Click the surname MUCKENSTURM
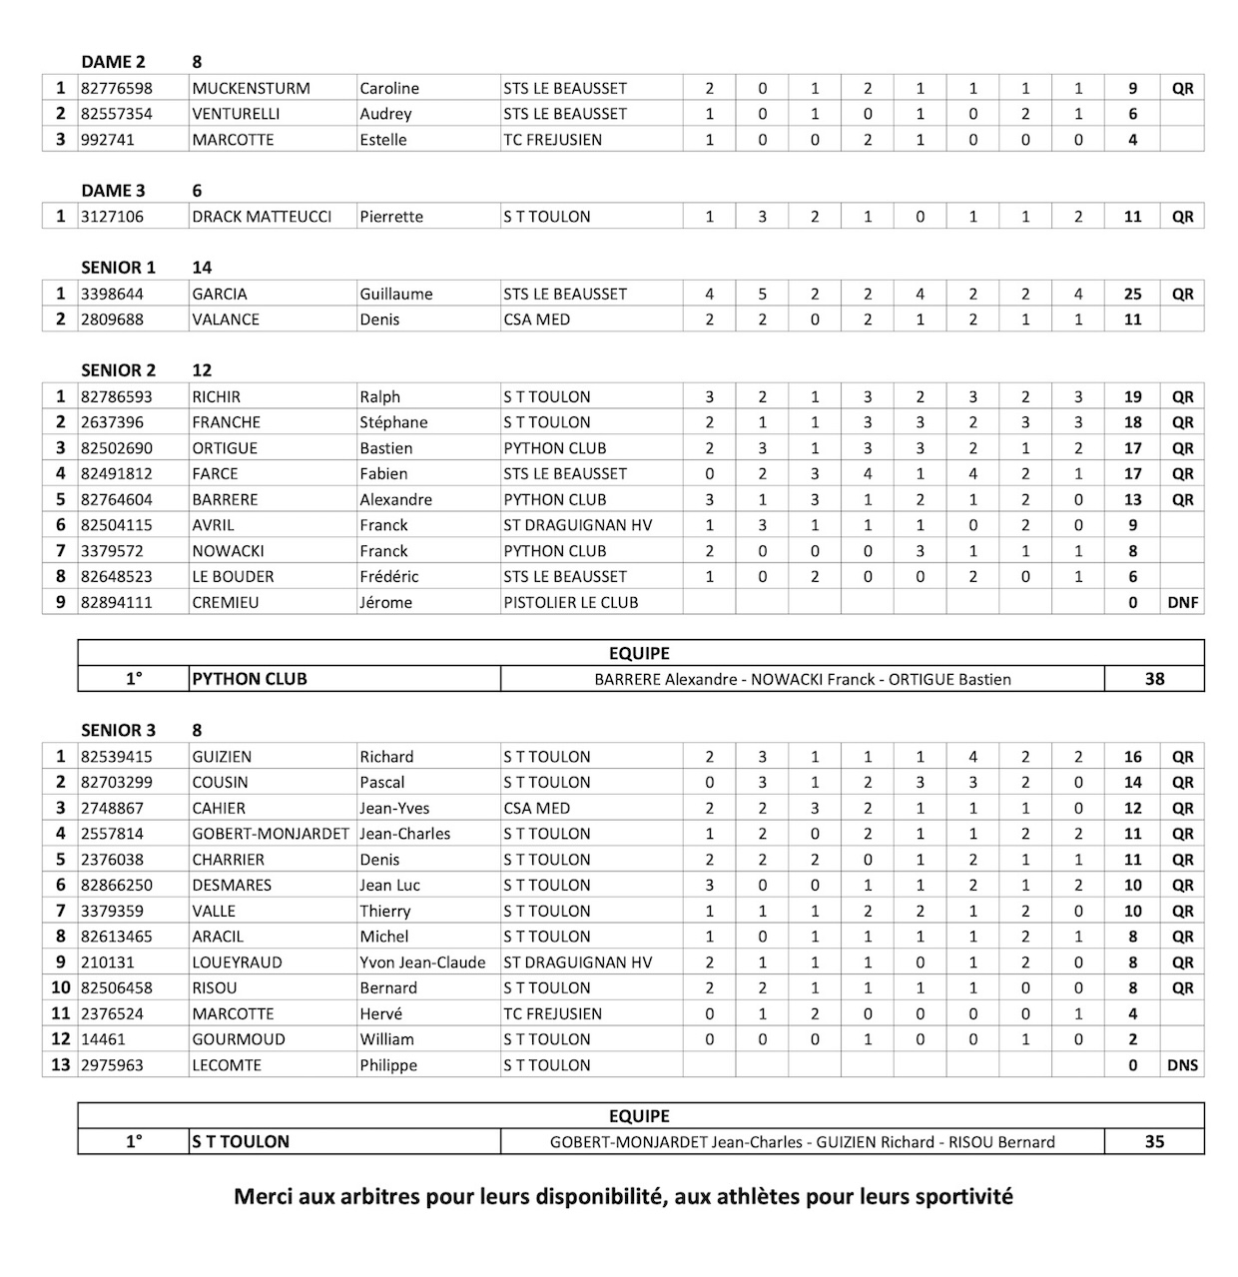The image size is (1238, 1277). [251, 88]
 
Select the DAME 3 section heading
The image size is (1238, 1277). [113, 191]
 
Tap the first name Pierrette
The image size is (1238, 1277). [391, 217]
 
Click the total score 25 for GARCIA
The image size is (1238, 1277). [1132, 294]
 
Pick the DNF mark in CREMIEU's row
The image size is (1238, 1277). [1182, 602]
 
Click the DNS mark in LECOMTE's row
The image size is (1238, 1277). [1182, 1065]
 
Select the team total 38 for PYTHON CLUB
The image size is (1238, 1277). [1154, 679]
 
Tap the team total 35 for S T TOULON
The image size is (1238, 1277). [1154, 1141]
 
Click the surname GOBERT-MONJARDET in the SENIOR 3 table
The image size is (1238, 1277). [271, 834]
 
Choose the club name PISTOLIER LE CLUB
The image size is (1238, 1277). [570, 602]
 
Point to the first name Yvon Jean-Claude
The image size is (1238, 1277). [422, 962]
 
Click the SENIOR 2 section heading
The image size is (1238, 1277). [118, 370]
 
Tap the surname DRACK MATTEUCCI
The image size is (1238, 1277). [262, 217]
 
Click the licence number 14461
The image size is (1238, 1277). [103, 1039]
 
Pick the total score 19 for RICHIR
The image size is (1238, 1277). [1132, 396]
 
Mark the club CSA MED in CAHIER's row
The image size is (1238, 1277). [536, 808]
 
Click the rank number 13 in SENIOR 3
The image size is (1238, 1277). [60, 1065]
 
